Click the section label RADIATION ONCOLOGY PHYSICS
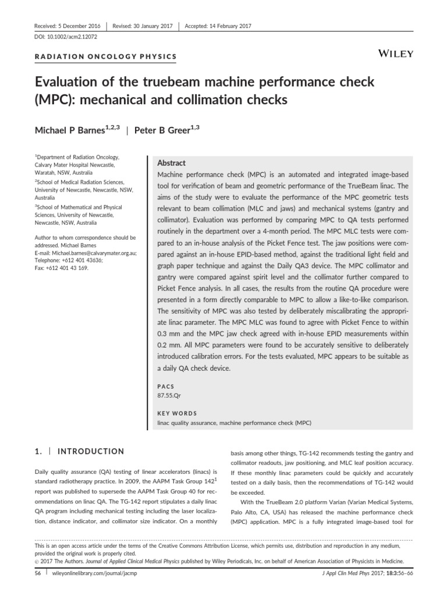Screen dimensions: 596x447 click(105, 56)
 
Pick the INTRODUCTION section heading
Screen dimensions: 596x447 click(92, 451)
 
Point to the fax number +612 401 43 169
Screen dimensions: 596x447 click(67, 268)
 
